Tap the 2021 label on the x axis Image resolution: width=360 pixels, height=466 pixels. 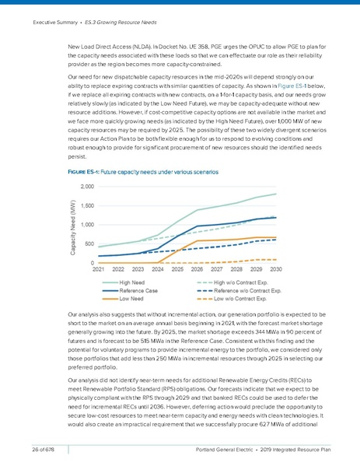tap(100, 270)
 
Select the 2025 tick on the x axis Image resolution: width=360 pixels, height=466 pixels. tap(178, 270)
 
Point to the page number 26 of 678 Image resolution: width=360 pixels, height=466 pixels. tap(45, 449)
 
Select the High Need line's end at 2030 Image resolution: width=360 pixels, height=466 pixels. tap(275, 194)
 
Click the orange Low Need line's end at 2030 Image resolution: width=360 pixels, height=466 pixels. tap(275, 237)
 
